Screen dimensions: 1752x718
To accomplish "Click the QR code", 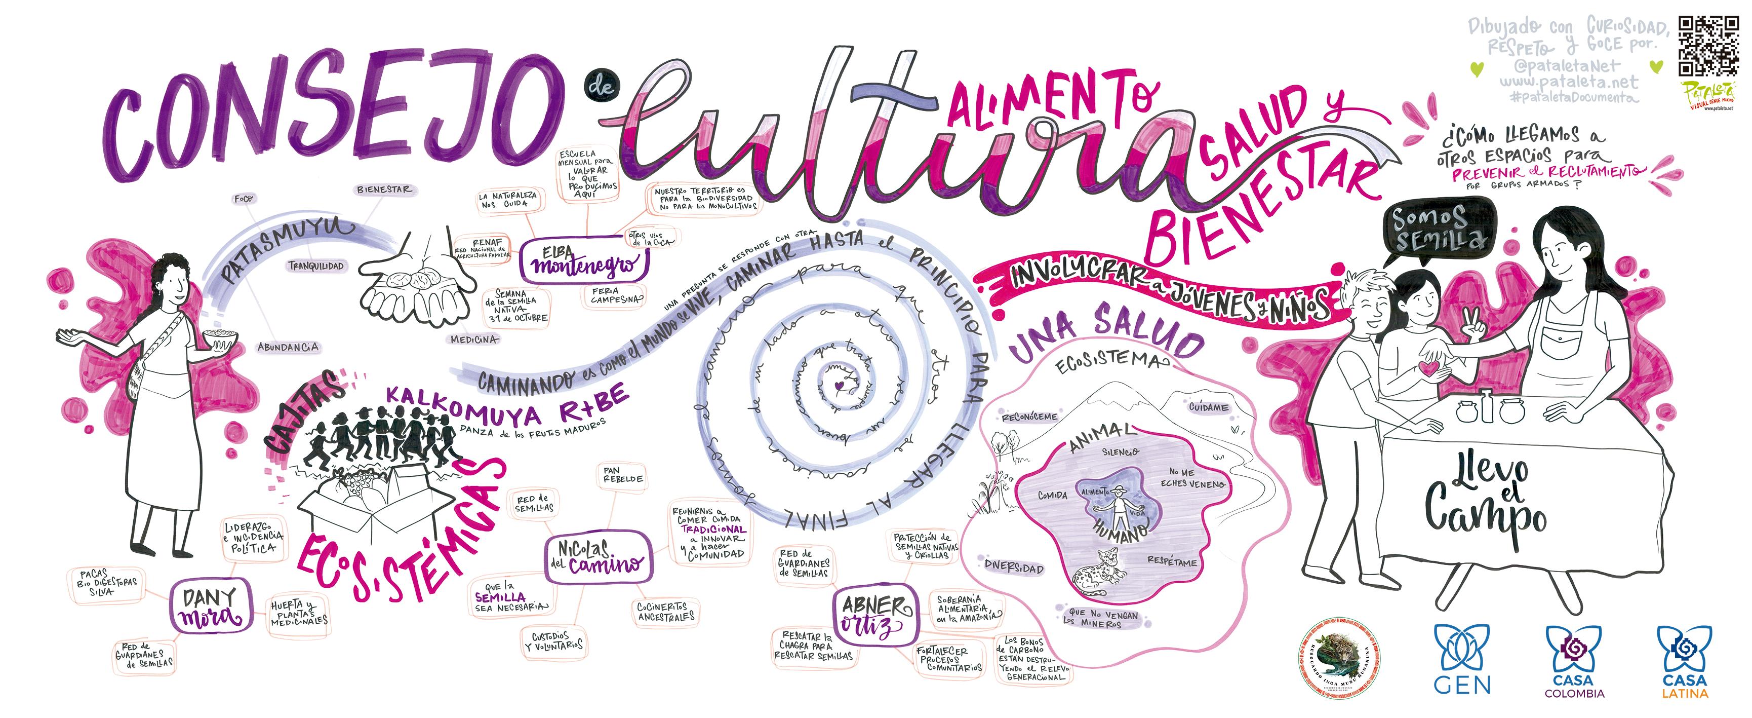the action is [1708, 46].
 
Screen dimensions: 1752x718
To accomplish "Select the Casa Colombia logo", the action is [1574, 660].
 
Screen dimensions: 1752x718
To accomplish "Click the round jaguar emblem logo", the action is [1339, 658].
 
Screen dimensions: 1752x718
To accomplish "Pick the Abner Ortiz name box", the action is [875, 615].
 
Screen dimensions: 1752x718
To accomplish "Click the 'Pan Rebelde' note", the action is [622, 475].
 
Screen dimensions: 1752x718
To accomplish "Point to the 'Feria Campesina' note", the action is [614, 295].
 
